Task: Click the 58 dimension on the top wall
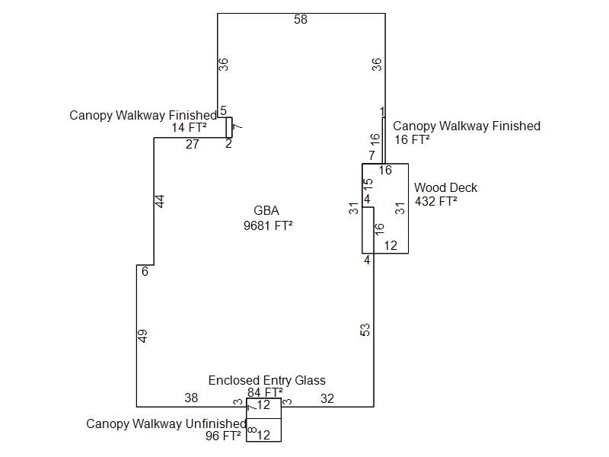[x=301, y=20]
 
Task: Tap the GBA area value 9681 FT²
[x=267, y=225]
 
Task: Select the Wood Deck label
[x=445, y=187]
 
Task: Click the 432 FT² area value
[x=435, y=202]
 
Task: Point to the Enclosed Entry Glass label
[x=266, y=380]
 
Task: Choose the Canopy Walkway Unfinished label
[x=166, y=423]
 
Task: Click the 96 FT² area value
[x=223, y=436]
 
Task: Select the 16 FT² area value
[x=411, y=139]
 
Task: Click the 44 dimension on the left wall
[x=160, y=201]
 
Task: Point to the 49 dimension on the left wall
[x=142, y=336]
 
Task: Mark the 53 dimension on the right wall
[x=365, y=330]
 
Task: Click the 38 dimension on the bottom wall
[x=191, y=398]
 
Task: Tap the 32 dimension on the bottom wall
[x=327, y=398]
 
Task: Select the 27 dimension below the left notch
[x=193, y=144]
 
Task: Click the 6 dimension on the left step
[x=145, y=272]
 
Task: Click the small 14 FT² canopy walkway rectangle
[x=228, y=127]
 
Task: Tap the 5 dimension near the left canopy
[x=223, y=111]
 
